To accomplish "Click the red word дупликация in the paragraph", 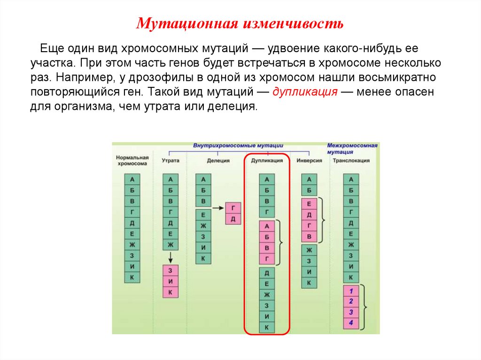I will pos(305,92).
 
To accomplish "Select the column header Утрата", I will pos(170,161).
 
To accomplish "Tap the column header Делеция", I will pos(218,161).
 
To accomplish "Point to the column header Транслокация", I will pos(351,161).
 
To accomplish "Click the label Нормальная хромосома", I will pos(132,161).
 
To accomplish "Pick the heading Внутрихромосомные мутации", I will pos(241,146).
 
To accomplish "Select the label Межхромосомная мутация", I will pos(352,149).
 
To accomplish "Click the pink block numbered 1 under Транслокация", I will pos(351,291).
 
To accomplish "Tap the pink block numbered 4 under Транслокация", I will pos(351,322).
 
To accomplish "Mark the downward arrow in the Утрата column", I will pos(171,257).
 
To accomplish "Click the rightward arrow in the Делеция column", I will pos(217,207).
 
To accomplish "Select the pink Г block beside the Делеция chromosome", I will pos(233,208).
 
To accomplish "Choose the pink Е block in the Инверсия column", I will pos(309,204).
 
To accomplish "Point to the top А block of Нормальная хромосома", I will pos(132,179).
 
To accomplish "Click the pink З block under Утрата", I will pos(171,270).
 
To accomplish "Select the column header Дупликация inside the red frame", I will pos(267,161).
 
